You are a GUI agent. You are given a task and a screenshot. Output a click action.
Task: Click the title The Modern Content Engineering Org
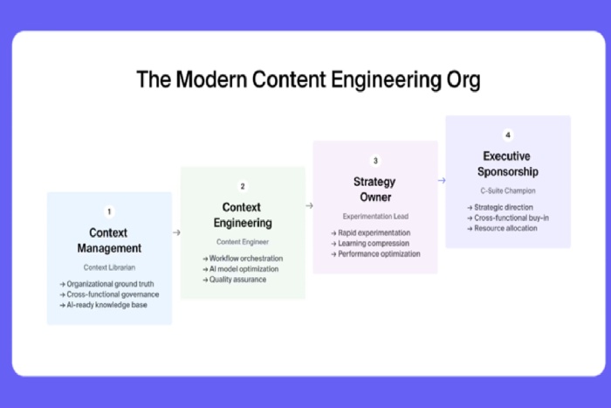[x=308, y=80]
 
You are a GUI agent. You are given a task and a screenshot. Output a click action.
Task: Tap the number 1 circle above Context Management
[x=109, y=211]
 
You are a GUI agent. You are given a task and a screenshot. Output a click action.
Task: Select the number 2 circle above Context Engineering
[x=243, y=186]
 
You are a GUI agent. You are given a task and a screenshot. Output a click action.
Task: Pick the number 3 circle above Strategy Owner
[x=375, y=161]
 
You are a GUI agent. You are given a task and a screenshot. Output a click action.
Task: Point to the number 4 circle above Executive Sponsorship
[x=508, y=135]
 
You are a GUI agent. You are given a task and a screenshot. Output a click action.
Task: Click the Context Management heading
[x=109, y=240]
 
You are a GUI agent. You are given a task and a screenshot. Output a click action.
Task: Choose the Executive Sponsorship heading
[x=508, y=164]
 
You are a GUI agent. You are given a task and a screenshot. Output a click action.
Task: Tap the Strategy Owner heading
[x=375, y=190]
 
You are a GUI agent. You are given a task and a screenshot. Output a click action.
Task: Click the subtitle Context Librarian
[x=109, y=267]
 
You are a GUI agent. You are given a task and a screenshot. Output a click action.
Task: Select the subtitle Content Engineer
[x=243, y=241]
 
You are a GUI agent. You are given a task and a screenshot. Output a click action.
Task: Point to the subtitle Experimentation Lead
[x=375, y=216]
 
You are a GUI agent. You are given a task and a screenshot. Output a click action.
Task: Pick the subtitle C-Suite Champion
[x=508, y=190]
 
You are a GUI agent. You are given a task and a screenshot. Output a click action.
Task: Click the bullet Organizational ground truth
[x=112, y=284]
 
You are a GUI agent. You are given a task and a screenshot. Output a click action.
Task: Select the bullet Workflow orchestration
[x=245, y=259]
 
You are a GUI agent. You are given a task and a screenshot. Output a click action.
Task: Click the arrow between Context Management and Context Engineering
[x=176, y=232]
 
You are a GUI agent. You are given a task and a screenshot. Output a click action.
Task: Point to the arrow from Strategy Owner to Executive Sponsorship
[x=442, y=181]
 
